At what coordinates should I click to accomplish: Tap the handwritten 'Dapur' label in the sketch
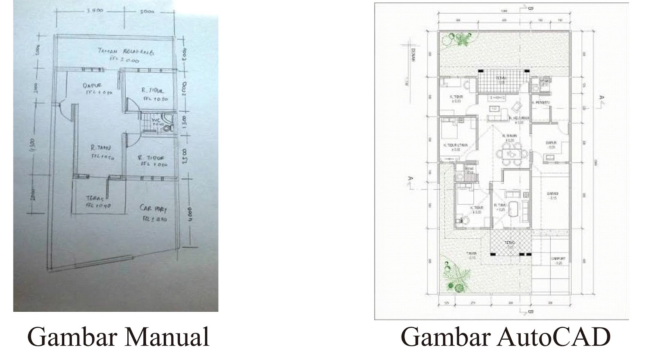(93, 86)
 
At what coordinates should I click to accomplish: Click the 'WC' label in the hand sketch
(155, 120)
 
